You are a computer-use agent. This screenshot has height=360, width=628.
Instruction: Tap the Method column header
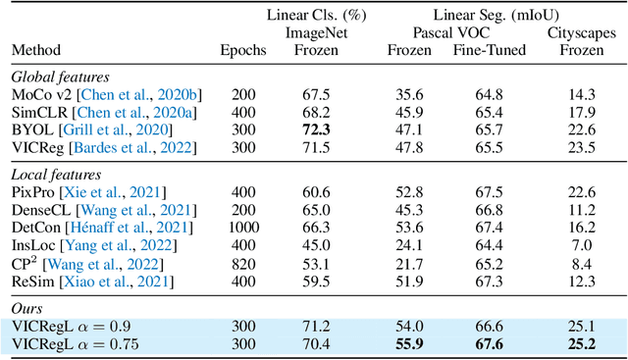[36, 49]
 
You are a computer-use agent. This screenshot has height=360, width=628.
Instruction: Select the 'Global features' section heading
[58, 76]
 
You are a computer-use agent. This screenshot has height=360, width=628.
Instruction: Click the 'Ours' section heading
[28, 308]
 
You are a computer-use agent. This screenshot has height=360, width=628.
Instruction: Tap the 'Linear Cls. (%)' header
[304, 14]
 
